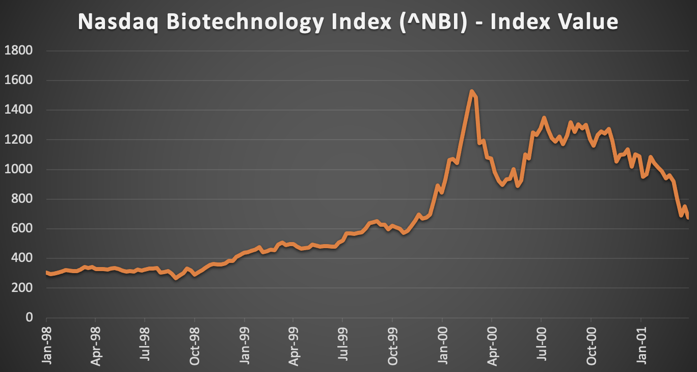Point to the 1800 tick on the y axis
(18, 50)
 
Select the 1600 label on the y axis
(18, 80)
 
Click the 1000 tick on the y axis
(18, 169)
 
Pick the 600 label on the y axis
(22, 229)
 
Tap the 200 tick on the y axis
(22, 288)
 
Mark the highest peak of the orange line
(472, 92)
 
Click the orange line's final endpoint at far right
(688, 218)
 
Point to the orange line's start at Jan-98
(47, 273)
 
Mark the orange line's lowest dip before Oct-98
(176, 278)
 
